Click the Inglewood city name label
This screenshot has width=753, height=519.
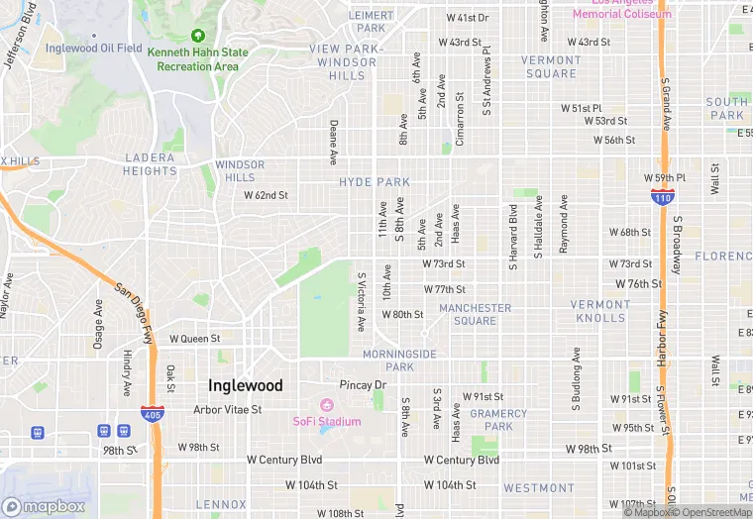(x=245, y=385)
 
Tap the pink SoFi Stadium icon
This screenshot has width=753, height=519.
(x=327, y=404)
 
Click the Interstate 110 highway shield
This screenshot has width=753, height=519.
(x=663, y=198)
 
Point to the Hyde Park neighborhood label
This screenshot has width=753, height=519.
(x=375, y=182)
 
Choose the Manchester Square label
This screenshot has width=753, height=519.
(x=475, y=314)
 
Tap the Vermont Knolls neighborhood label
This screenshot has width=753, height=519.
(x=598, y=311)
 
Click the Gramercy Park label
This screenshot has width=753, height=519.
(x=491, y=420)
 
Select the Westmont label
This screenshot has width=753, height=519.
(x=538, y=488)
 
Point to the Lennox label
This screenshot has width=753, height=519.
(x=221, y=504)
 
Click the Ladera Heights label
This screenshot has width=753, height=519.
(x=151, y=164)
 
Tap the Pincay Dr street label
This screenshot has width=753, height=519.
(x=362, y=384)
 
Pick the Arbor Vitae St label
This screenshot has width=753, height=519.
(x=228, y=409)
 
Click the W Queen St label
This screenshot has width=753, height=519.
(x=194, y=338)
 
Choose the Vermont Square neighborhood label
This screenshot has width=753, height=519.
(x=551, y=66)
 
